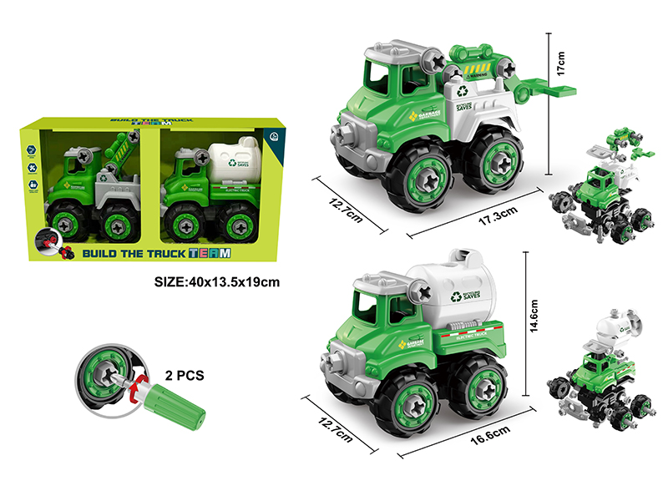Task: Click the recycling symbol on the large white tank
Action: pos(456,296)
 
